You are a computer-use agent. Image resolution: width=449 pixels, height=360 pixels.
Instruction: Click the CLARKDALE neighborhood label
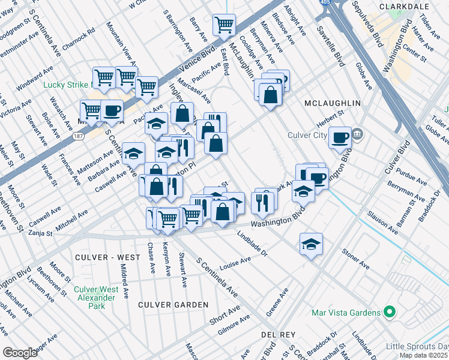coord(404,5)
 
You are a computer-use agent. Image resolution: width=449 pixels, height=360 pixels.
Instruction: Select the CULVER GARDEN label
coord(173,305)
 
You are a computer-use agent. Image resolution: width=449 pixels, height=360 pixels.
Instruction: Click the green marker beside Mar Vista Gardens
coord(389,313)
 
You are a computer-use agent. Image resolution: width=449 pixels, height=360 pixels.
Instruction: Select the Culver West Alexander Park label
coord(89,297)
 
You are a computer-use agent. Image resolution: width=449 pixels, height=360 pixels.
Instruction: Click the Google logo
coord(20,353)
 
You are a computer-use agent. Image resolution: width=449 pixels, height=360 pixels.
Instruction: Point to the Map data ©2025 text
coord(423,355)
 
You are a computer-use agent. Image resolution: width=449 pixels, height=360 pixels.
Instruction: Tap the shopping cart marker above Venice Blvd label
coord(224,25)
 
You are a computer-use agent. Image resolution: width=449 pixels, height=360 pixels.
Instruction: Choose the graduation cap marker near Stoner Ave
coord(310,244)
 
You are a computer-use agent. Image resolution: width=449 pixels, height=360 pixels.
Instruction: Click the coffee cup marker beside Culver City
coord(340,137)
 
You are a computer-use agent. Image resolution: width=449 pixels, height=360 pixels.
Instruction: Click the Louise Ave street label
coord(235,263)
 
